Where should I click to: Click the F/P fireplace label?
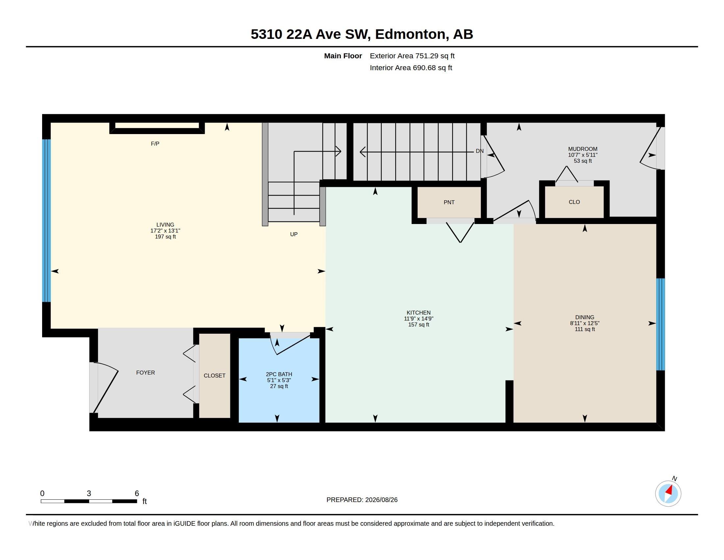(155, 144)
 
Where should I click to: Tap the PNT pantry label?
(449, 202)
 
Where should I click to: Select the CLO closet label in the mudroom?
(574, 202)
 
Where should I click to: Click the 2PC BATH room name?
(279, 374)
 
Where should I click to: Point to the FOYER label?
(145, 373)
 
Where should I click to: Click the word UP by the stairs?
(294, 234)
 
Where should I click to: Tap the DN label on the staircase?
(480, 151)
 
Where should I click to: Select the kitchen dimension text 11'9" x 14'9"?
(419, 319)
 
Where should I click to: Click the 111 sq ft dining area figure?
(585, 329)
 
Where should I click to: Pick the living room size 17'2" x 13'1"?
(165, 231)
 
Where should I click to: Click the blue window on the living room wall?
(47, 221)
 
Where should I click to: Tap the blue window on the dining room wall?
(661, 324)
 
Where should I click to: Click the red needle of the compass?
(669, 490)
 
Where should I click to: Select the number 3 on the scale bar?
(89, 493)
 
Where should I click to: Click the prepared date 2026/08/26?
(381, 500)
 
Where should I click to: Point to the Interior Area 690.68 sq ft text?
(411, 68)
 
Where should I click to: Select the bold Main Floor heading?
(343, 56)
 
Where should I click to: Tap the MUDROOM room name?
(582, 149)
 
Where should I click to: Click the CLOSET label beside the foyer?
(215, 376)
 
